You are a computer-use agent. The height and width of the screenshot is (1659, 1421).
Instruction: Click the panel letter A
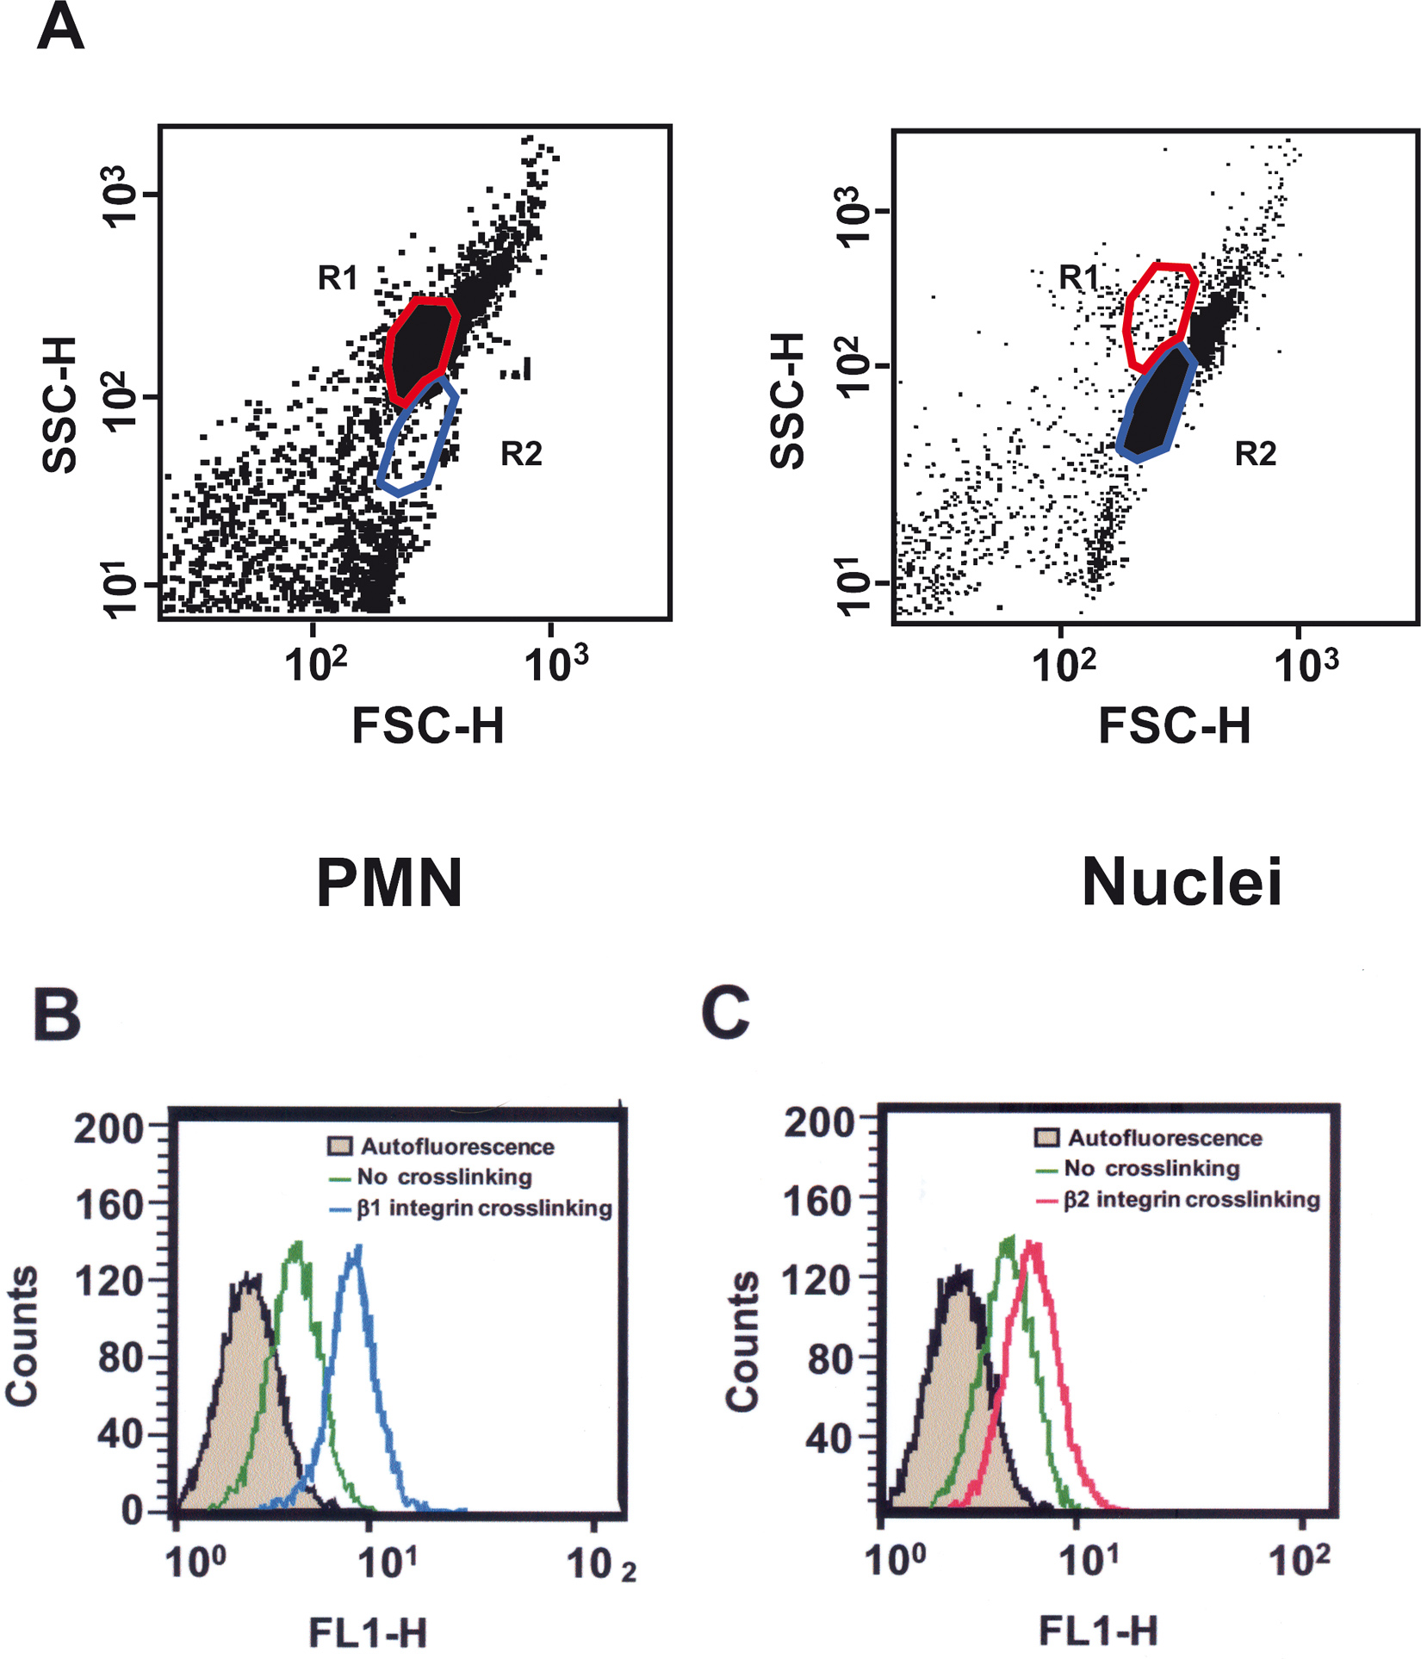(x=60, y=28)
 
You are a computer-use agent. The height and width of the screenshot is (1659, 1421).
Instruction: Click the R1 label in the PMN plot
(x=337, y=278)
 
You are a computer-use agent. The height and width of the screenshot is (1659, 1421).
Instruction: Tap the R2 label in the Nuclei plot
(x=1255, y=453)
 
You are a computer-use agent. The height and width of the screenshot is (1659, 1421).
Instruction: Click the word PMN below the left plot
(x=389, y=883)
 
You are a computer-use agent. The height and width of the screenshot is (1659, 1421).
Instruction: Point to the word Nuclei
(x=1182, y=883)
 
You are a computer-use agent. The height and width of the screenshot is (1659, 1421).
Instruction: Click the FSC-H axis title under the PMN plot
(x=428, y=725)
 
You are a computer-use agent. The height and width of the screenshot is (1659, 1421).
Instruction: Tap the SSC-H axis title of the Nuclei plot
(x=786, y=401)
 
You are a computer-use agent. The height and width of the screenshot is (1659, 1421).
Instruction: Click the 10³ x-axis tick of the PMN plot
(x=555, y=662)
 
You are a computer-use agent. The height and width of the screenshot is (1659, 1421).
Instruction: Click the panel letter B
(x=57, y=1014)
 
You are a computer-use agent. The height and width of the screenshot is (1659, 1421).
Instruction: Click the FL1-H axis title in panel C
(x=1098, y=1631)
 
